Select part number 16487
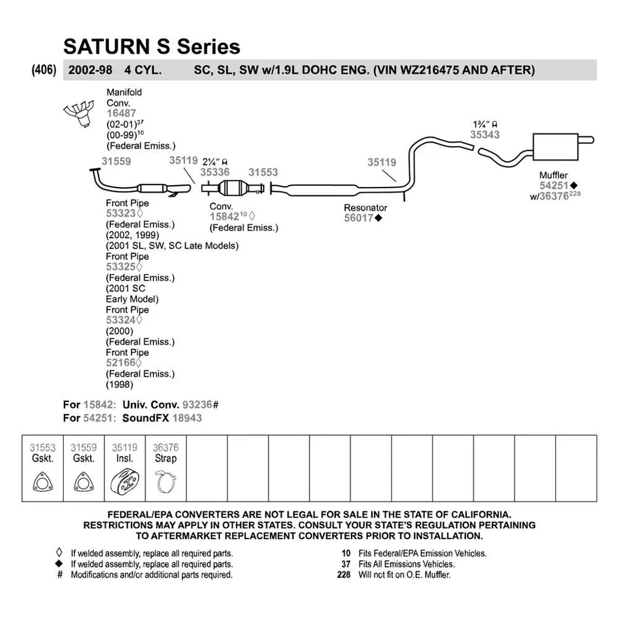click(x=121, y=113)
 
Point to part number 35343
click(x=484, y=135)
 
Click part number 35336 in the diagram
click(x=214, y=172)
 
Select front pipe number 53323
click(x=121, y=214)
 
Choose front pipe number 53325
click(x=121, y=267)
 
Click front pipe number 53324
click(x=121, y=320)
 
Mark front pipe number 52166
click(x=121, y=363)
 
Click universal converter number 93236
click(x=197, y=404)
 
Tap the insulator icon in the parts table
click(x=124, y=483)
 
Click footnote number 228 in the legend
click(x=344, y=575)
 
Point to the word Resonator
click(x=365, y=208)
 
